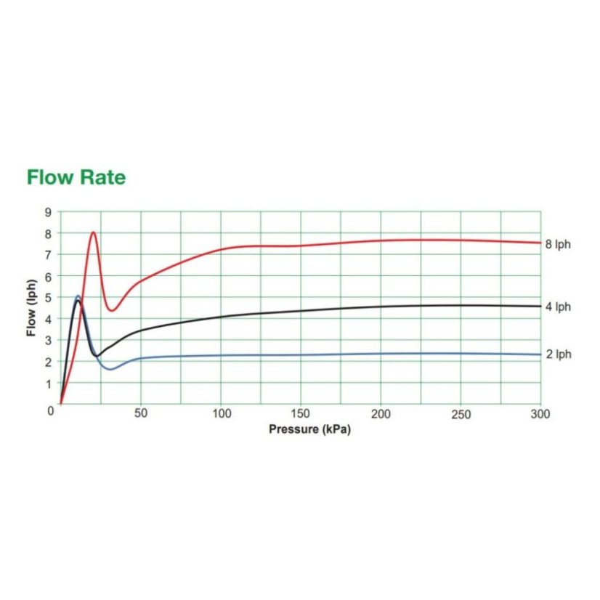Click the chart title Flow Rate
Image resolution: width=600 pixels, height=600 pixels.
[x=76, y=177]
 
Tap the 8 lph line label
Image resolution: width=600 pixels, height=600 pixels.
[x=558, y=245]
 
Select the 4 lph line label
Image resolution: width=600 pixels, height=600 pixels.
[x=558, y=307]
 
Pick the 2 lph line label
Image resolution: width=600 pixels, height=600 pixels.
[x=558, y=355]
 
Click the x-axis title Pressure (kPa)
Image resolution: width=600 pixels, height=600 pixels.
[x=309, y=429]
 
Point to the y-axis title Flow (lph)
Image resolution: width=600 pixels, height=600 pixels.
[x=31, y=308]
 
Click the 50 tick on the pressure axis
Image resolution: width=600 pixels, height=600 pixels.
[x=141, y=414]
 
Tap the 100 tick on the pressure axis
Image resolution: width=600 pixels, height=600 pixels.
[x=221, y=414]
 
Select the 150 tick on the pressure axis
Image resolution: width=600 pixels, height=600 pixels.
[x=301, y=414]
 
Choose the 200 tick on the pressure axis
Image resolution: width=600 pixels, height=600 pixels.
[x=381, y=414]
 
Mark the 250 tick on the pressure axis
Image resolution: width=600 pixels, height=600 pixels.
[x=461, y=414]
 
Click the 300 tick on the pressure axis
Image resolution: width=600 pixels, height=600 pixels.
[x=540, y=414]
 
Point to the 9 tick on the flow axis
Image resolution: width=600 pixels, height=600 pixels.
[x=50, y=212]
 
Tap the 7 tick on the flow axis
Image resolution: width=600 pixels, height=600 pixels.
[x=50, y=255]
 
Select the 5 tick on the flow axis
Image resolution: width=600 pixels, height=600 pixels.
[x=50, y=298]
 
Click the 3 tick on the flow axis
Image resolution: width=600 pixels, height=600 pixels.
[x=50, y=341]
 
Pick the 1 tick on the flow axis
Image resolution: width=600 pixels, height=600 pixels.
[x=50, y=384]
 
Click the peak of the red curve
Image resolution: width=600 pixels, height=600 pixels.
[x=93, y=232]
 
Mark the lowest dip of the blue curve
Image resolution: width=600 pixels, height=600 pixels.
[x=110, y=369]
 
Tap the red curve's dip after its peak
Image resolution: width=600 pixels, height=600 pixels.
[x=111, y=310]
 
